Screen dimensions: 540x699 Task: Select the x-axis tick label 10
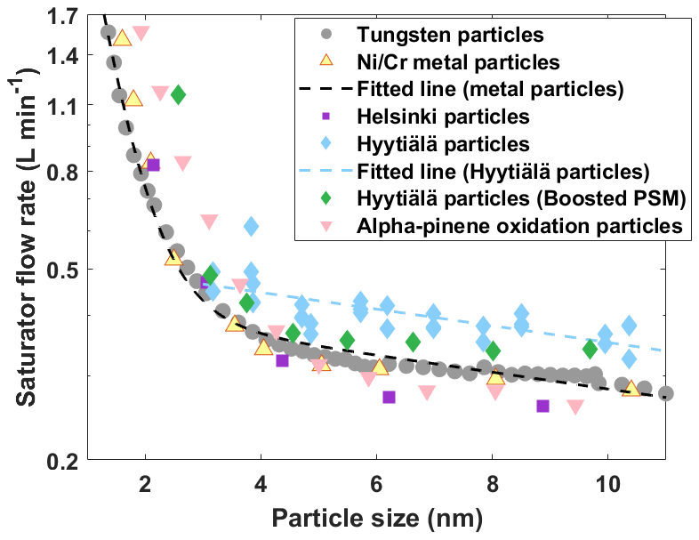[x=607, y=484]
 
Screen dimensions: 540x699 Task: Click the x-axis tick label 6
[x=376, y=484]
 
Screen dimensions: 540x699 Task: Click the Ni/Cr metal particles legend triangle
[x=326, y=62]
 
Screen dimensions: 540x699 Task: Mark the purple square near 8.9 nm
[x=542, y=406]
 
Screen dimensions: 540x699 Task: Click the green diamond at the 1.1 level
[x=178, y=94]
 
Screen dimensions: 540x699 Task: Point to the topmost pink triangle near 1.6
[x=141, y=34]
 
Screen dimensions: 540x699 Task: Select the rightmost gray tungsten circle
[x=665, y=393]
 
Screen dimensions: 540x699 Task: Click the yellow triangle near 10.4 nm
[x=631, y=388]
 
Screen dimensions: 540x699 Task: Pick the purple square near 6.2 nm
[x=389, y=397]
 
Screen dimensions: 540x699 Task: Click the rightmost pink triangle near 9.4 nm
[x=575, y=407]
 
